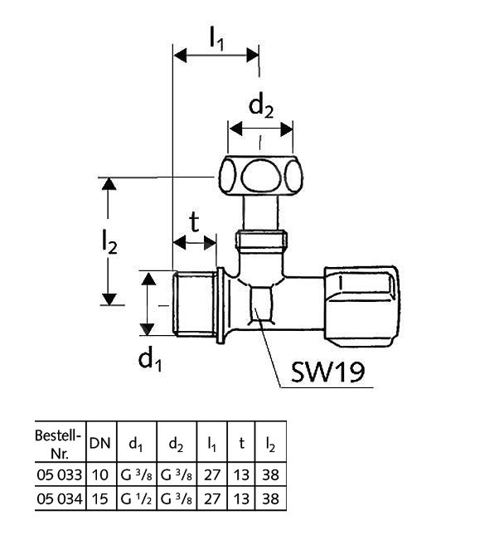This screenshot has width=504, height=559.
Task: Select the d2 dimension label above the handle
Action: click(261, 105)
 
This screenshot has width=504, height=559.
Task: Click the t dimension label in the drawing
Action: click(194, 221)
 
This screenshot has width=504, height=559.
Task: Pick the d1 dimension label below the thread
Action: click(150, 358)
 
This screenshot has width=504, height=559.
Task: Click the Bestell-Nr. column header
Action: click(60, 443)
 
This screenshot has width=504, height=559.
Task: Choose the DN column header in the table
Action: click(99, 444)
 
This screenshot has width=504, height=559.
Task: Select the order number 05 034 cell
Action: click(60, 498)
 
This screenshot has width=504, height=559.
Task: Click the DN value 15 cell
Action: click(99, 498)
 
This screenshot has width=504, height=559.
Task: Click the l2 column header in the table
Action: click(270, 444)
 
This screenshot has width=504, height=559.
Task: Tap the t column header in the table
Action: click(241, 444)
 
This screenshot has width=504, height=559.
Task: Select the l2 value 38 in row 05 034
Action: click(270, 498)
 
